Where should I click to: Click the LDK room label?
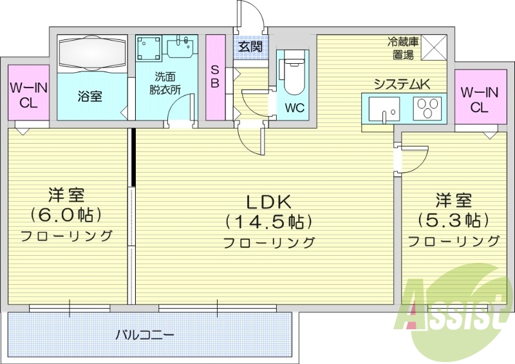click(x=268, y=200)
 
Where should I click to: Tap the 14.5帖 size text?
click(x=268, y=222)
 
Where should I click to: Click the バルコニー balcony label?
click(x=145, y=335)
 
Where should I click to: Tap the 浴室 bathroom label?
click(x=89, y=97)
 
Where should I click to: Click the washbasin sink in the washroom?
click(x=181, y=47)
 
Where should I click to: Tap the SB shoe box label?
click(x=215, y=77)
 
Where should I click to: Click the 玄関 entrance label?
click(x=249, y=46)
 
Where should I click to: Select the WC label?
click(x=295, y=108)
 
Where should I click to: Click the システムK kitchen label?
click(x=403, y=83)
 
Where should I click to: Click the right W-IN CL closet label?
click(x=478, y=100)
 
